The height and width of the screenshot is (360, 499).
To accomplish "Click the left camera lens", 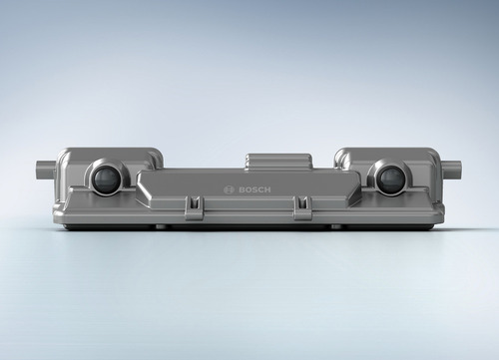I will (x=105, y=179).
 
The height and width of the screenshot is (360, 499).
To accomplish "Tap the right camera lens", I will (x=389, y=180).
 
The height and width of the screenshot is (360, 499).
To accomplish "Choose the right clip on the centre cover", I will (x=301, y=206).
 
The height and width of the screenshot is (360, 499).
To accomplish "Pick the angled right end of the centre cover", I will (x=355, y=189).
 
